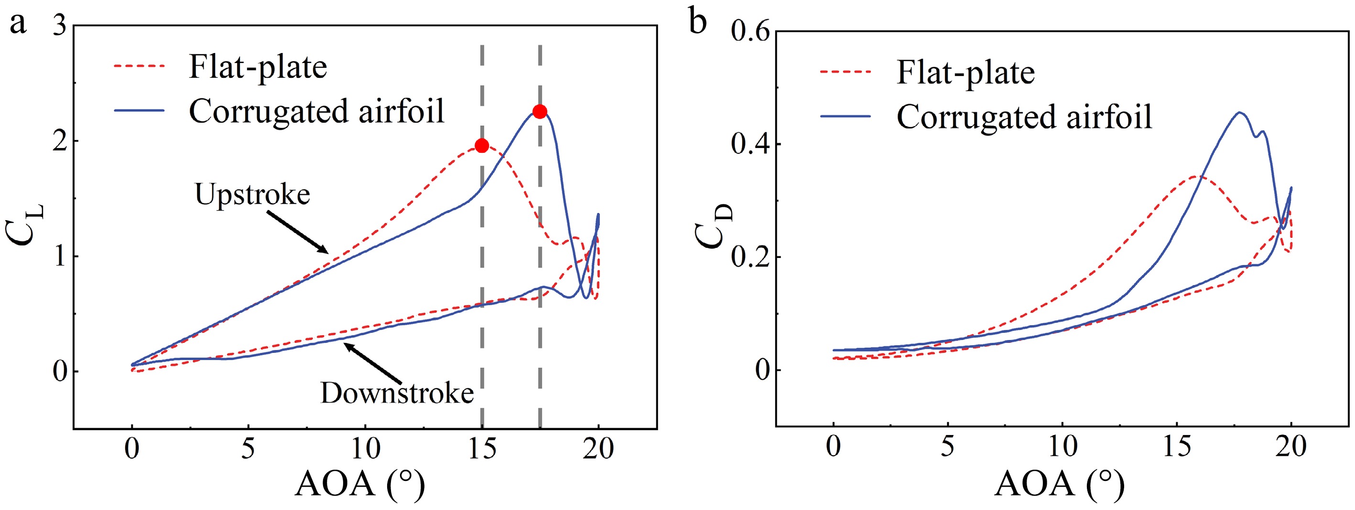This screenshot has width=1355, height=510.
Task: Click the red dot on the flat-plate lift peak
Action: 481,146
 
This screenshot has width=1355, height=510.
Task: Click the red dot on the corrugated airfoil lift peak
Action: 540,111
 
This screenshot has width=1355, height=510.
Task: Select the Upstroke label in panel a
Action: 252,195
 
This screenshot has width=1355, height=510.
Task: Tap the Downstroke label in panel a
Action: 397,393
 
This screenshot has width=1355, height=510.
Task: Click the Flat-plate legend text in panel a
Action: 258,67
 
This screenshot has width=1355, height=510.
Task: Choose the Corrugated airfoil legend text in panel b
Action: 1024,117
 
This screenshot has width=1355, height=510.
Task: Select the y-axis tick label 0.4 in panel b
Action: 750,144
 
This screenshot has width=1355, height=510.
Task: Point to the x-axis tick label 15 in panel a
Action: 481,448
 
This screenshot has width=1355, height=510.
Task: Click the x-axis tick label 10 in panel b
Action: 1062,446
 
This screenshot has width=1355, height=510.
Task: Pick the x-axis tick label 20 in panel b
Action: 1291,446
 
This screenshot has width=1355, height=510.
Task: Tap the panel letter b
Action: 697,22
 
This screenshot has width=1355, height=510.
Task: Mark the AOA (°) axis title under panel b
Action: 1059,484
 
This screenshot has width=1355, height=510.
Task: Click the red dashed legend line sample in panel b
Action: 846,72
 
